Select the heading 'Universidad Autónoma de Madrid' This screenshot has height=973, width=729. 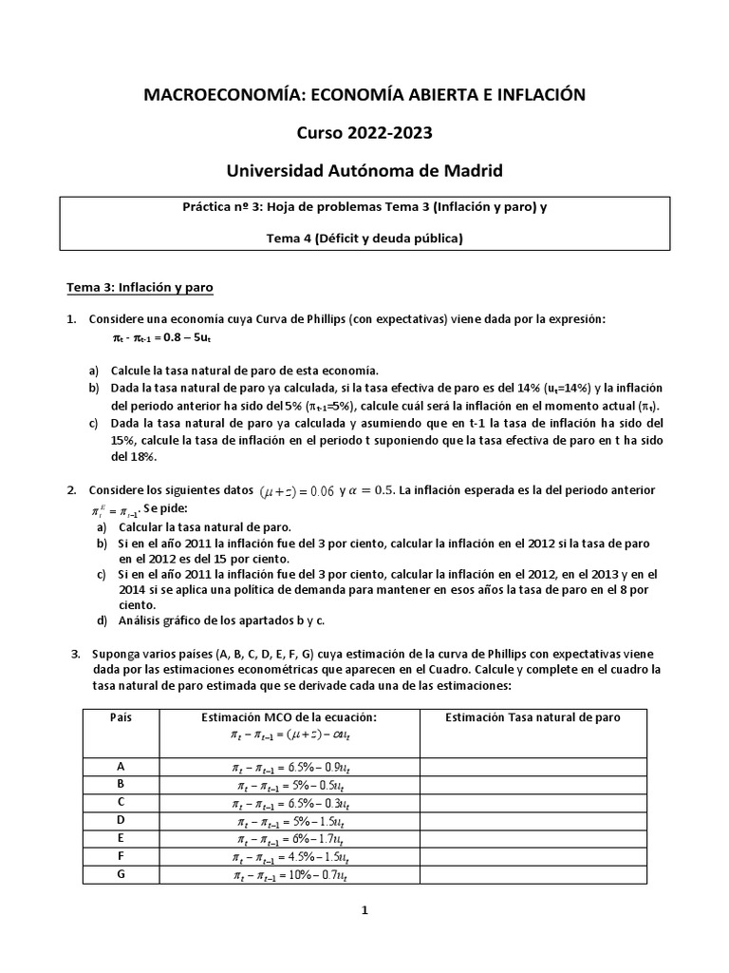pyautogui.click(x=364, y=171)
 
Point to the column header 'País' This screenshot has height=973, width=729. pyautogui.click(x=121, y=717)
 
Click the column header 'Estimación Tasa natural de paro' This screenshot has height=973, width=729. pyautogui.click(x=533, y=717)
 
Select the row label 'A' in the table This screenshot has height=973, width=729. pyautogui.click(x=121, y=766)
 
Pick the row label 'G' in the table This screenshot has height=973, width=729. pyautogui.click(x=121, y=873)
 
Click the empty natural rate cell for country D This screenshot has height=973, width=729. pyautogui.click(x=533, y=820)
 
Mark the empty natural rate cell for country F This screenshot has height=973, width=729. pyautogui.click(x=533, y=856)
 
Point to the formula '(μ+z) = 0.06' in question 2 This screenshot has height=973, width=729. pyautogui.click(x=297, y=490)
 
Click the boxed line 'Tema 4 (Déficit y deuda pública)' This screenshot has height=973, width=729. pyautogui.click(x=364, y=239)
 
